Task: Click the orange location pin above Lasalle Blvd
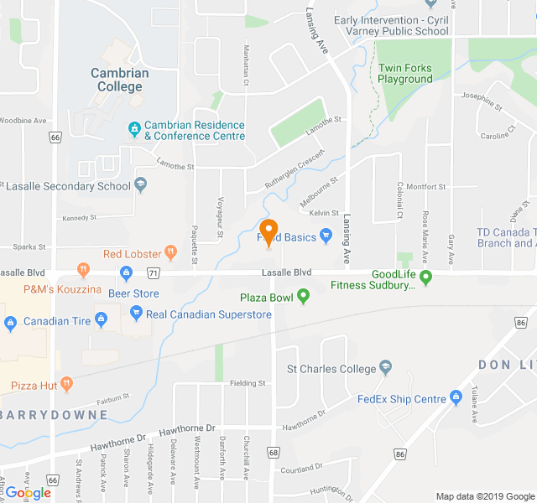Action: tap(269, 232)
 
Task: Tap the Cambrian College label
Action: tap(120, 80)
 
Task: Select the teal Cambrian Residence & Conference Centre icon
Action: tap(134, 128)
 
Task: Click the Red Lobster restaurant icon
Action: tap(171, 251)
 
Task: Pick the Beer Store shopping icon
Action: tap(126, 272)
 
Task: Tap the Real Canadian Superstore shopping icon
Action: tap(136, 314)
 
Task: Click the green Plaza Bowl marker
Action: tap(303, 295)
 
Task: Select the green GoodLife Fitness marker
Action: tap(425, 276)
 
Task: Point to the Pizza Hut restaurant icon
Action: tap(67, 384)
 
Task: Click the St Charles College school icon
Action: tap(385, 366)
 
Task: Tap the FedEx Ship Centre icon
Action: tap(456, 396)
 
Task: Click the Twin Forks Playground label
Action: tap(405, 74)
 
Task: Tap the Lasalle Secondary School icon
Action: tap(141, 185)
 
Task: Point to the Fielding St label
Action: tap(248, 383)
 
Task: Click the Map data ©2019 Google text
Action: tap(484, 496)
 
